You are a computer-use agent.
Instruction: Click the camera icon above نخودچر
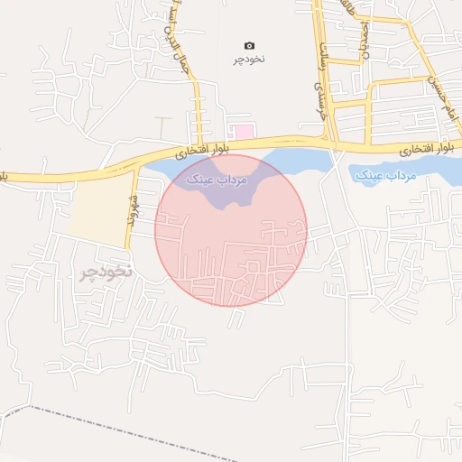[x=250, y=45]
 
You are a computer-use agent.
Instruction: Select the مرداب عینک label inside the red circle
[x=215, y=180]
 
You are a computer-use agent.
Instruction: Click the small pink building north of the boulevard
[x=240, y=132]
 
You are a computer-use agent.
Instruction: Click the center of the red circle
[x=231, y=229]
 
